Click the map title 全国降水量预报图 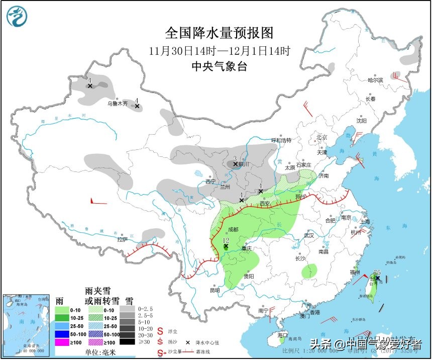coord(220,33)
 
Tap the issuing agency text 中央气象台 coord(220,66)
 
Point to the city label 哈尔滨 coord(375,80)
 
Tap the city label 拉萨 coord(122,239)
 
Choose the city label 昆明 coord(214,291)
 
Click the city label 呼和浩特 coord(281,140)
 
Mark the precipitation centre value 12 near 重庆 coord(226,241)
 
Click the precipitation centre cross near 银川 coord(235,164)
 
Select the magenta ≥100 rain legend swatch coord(62,342)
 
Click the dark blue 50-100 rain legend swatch coord(62,333)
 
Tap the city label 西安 coord(264,204)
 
